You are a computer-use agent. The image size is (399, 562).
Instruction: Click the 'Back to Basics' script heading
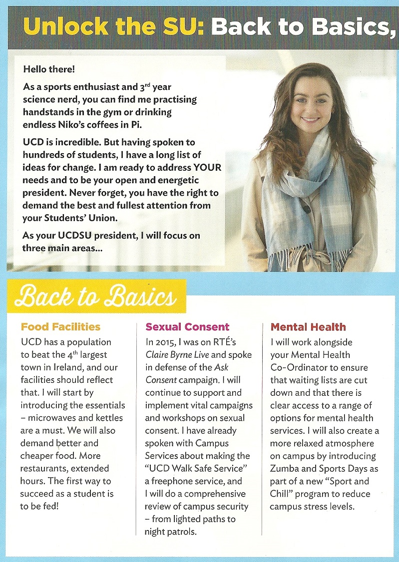95,297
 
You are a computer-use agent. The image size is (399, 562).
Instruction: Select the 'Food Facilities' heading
60,327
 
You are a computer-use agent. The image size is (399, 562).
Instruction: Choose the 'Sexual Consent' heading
187,327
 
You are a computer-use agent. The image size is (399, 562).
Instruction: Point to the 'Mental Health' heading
308,327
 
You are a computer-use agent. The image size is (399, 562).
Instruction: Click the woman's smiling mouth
311,120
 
